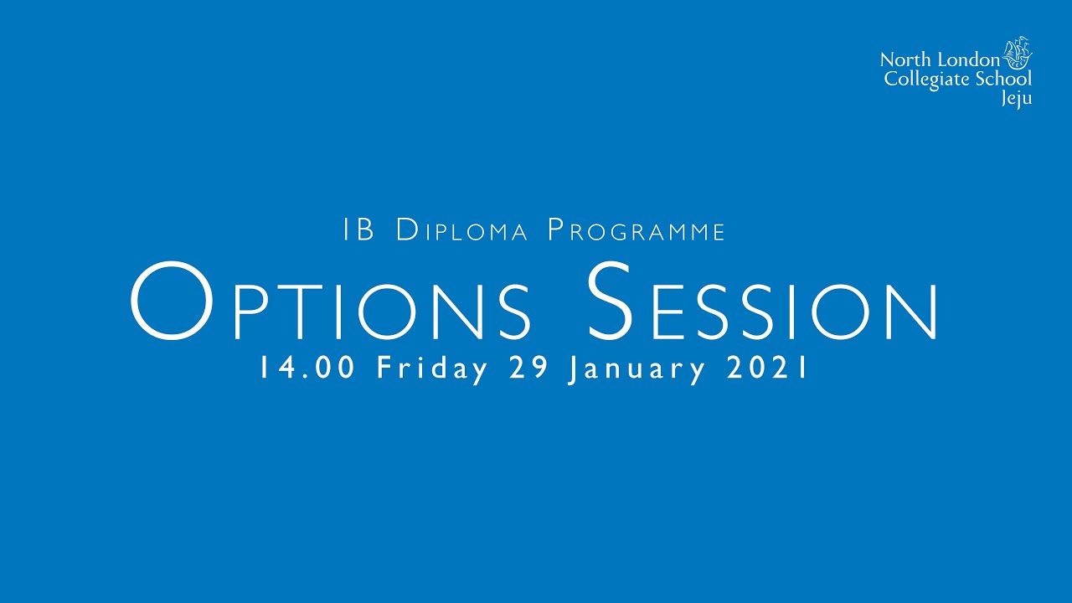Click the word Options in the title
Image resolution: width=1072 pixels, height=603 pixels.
[331, 303]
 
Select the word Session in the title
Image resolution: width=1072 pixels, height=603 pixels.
[762, 303]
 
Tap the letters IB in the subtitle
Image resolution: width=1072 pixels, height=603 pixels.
[359, 230]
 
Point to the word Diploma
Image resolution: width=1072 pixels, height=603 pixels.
[461, 230]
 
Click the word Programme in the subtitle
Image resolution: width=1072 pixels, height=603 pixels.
[636, 230]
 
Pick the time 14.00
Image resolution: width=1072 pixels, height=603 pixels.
[309, 368]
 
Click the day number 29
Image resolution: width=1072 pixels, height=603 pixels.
[528, 368]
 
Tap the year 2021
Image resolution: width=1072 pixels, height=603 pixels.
[766, 368]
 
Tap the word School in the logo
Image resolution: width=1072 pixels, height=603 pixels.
[1003, 80]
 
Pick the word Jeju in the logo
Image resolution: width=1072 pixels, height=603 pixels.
[1017, 98]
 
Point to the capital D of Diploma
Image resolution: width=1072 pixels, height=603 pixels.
[407, 230]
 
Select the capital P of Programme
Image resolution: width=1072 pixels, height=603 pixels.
[556, 230]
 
